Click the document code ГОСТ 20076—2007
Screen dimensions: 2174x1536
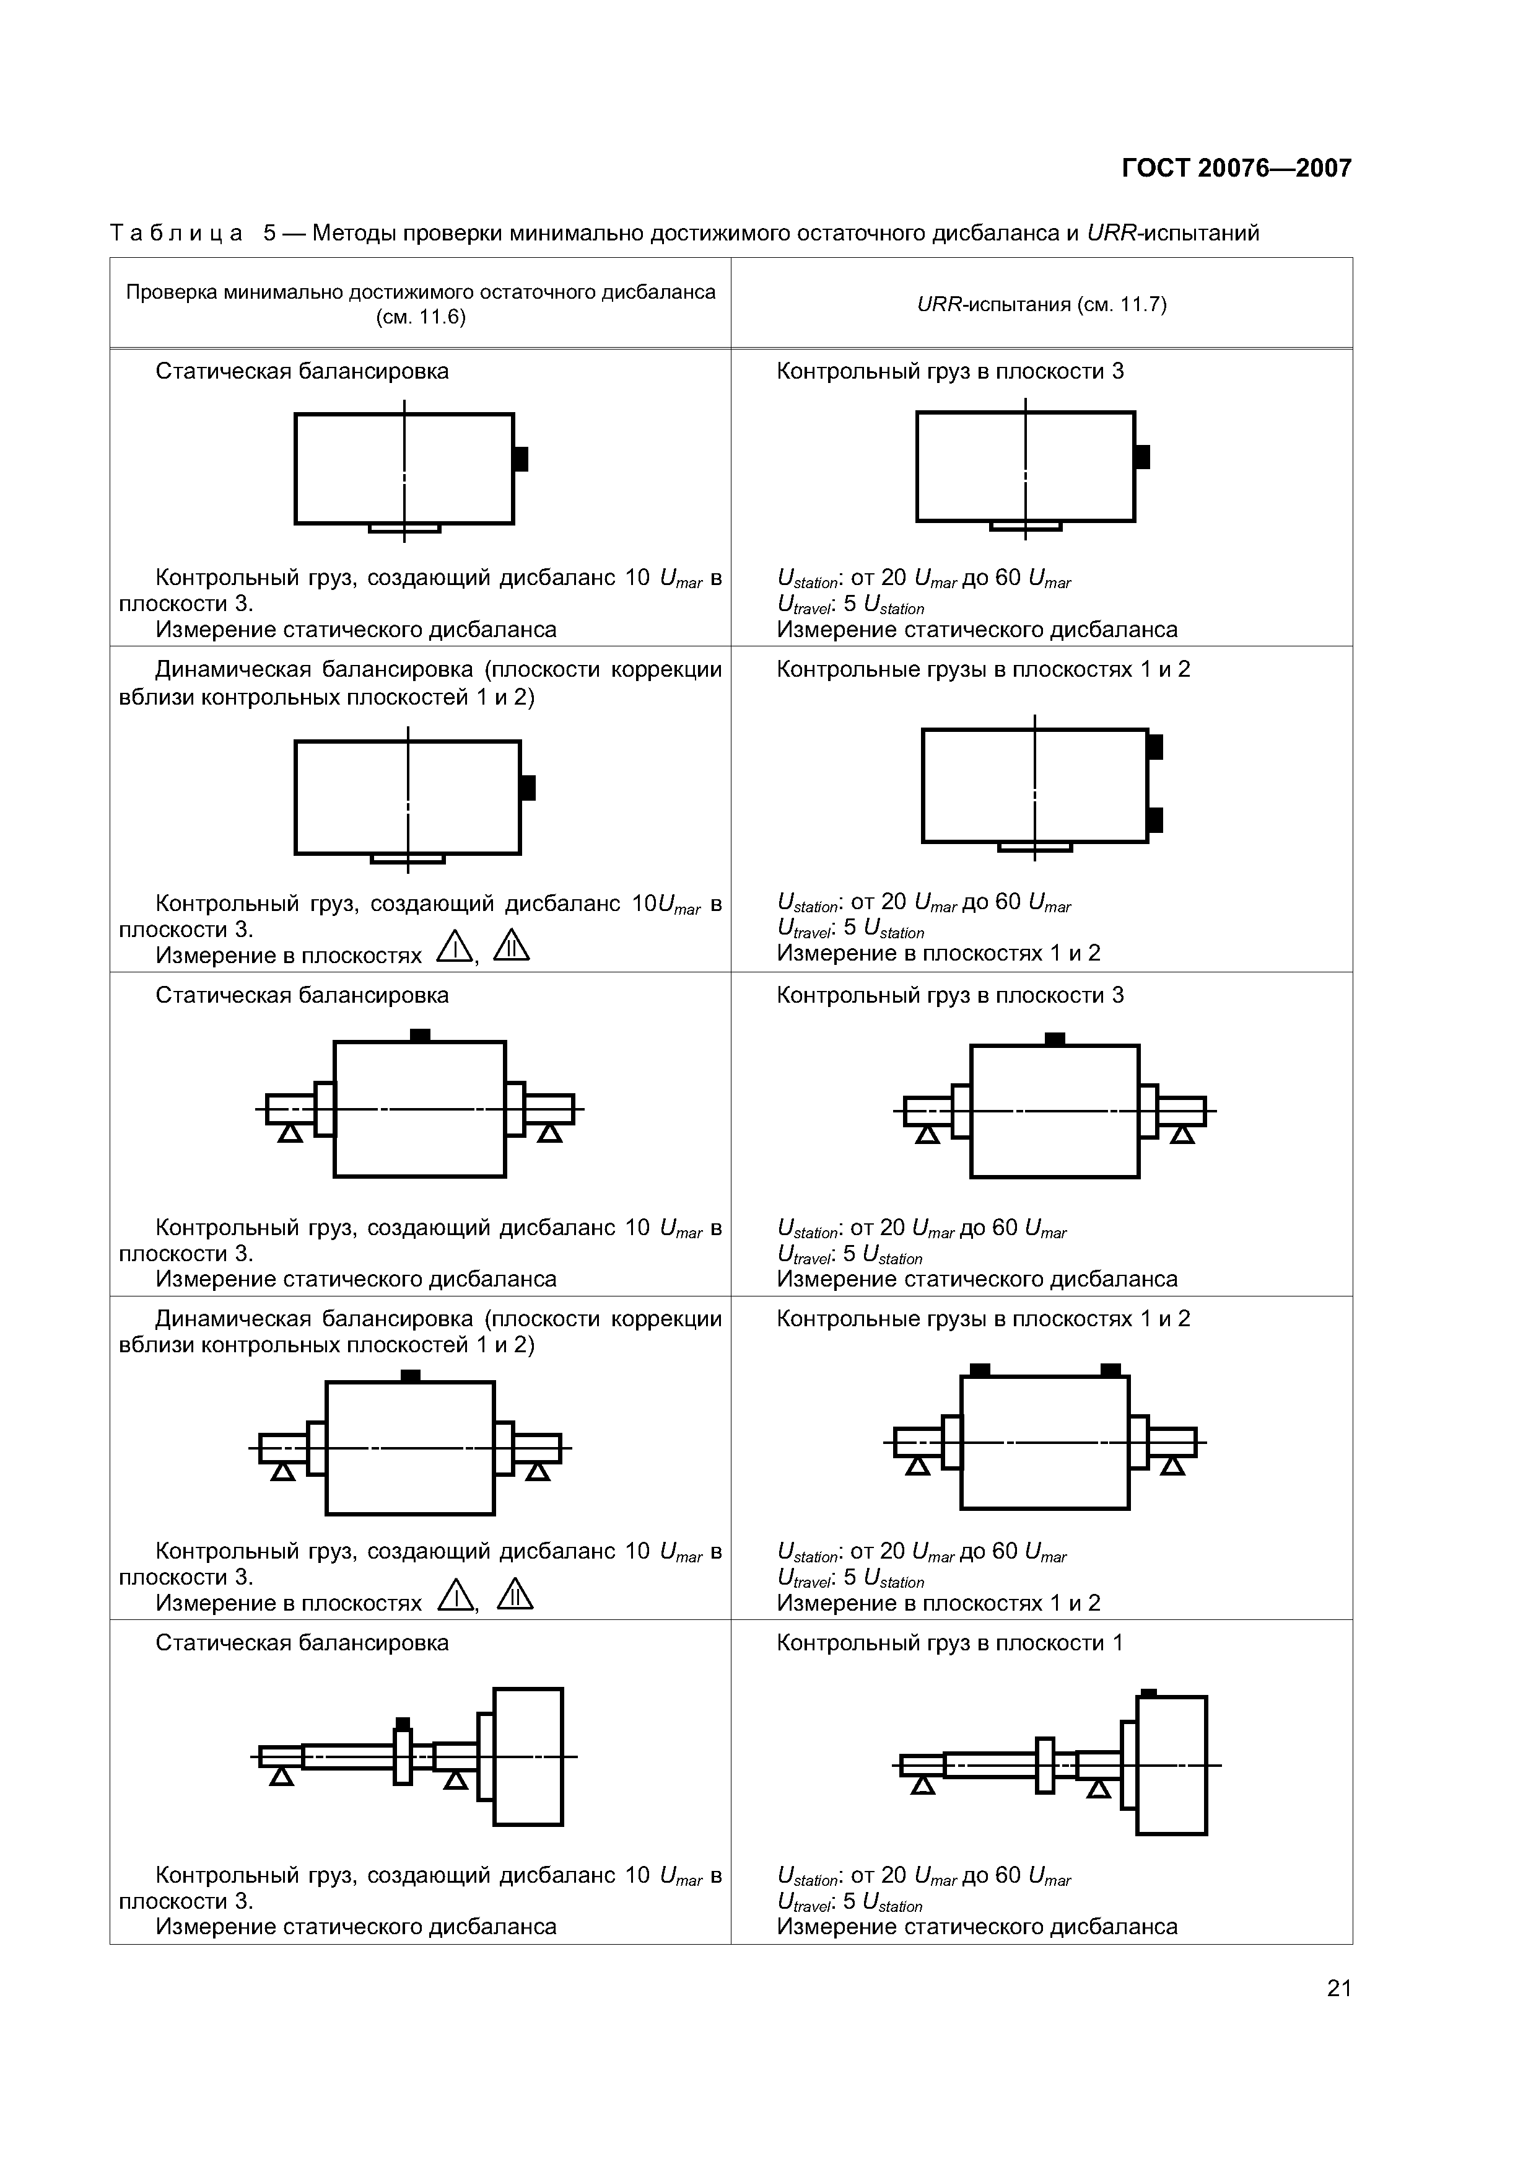coord(1236,169)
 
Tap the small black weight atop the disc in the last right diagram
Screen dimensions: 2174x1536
coord(1148,1692)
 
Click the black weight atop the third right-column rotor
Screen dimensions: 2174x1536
coord(1054,1039)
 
